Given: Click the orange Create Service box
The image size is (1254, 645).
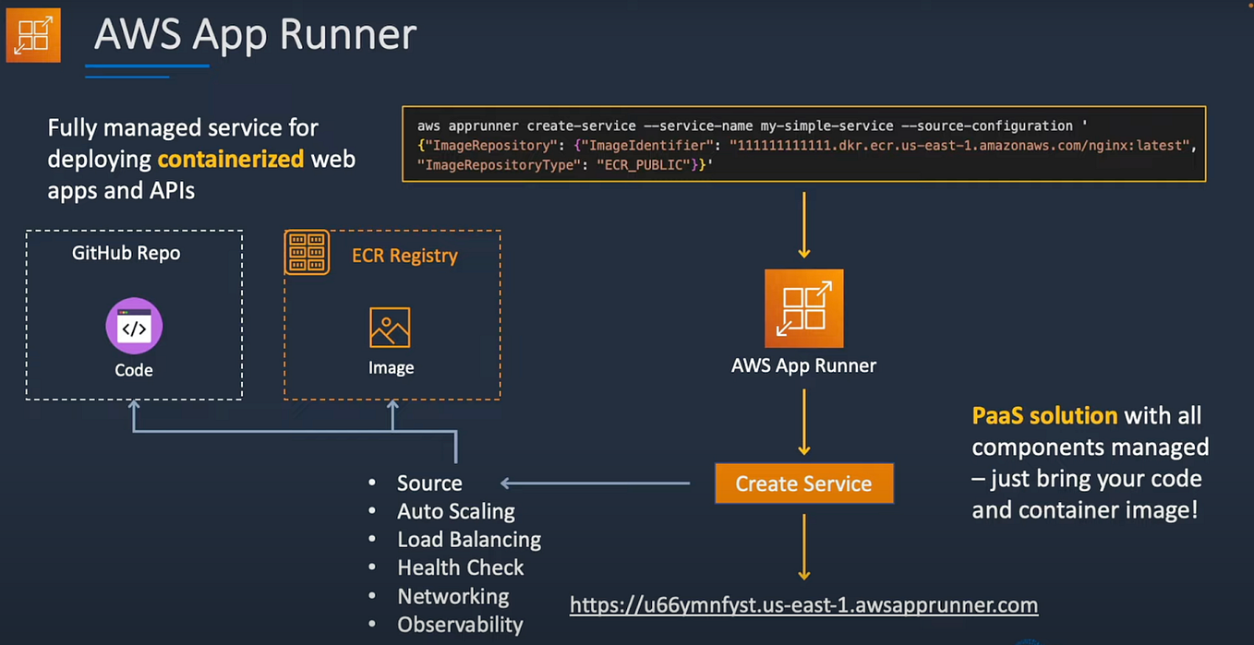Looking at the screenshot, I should [x=803, y=484].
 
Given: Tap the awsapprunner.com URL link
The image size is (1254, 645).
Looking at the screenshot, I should [x=803, y=605].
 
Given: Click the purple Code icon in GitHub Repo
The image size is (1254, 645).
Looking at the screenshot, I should [x=134, y=326].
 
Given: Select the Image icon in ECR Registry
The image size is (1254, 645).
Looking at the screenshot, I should [x=390, y=328].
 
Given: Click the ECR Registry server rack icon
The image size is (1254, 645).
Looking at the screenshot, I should [x=307, y=253].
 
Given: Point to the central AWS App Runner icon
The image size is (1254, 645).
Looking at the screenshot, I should [x=803, y=308].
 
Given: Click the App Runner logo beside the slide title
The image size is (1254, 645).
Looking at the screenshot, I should [x=33, y=35].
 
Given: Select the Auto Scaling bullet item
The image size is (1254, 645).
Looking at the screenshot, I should [x=455, y=511].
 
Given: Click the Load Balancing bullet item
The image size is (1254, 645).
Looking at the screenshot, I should [x=468, y=540].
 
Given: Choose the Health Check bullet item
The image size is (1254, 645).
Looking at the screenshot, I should [x=460, y=567].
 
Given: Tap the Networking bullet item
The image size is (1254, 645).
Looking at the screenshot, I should [x=452, y=596].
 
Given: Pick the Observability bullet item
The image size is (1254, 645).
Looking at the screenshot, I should [x=460, y=625].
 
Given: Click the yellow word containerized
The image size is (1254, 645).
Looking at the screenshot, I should [x=230, y=159].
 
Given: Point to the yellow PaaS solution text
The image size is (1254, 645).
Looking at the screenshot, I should [x=1044, y=415].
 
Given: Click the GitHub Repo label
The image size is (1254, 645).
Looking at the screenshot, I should [x=127, y=253].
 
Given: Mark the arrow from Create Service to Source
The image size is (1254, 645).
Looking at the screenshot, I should [x=596, y=483].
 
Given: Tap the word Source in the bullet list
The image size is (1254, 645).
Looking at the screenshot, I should [x=429, y=484].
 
